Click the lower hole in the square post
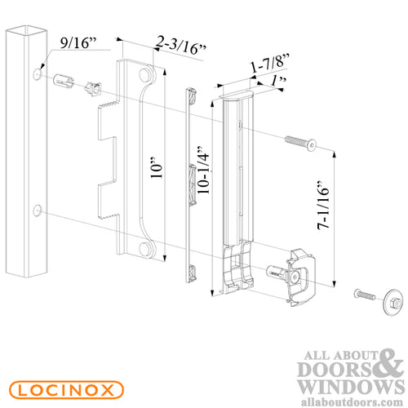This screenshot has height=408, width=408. point(38,211)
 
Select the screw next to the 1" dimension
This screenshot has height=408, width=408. point(301,144)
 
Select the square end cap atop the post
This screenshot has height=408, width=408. point(22,33)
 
